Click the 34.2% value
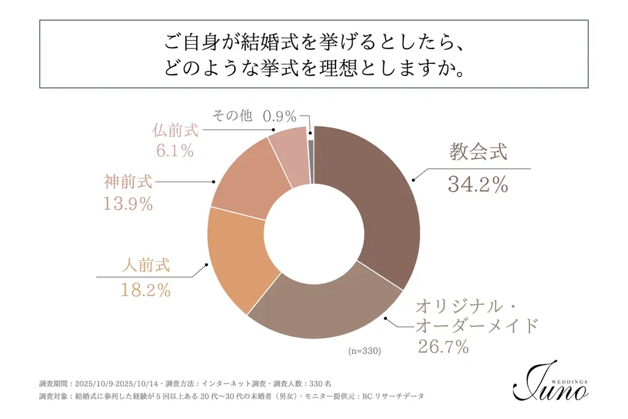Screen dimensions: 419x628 tap(478, 185)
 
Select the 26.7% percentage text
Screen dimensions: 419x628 tap(443, 347)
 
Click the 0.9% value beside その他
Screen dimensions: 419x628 tap(280, 116)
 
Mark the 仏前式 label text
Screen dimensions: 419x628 tap(175, 130)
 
